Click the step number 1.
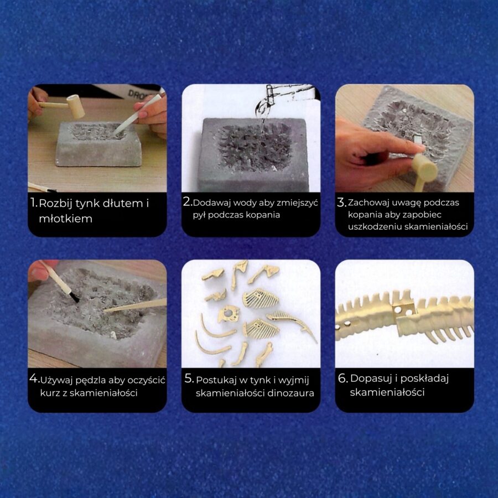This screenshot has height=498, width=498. coord(34,203)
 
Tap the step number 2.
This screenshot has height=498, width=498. coord(188,201)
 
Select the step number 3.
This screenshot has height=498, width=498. coord(341,202)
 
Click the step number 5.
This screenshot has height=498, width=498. coord(189,378)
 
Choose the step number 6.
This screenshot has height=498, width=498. coord(343,378)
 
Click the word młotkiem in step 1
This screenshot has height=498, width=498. coord(65,219)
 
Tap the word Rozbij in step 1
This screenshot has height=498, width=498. coord(55,204)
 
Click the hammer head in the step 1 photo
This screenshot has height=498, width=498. coord(76,107)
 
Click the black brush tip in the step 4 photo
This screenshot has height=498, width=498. coord(75,298)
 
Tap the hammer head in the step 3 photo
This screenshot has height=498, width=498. coord(424,168)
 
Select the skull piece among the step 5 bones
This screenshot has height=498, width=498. coord(227,314)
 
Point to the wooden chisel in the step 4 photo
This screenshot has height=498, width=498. coord(136,305)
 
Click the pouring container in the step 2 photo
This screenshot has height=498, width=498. coord(269,95)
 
